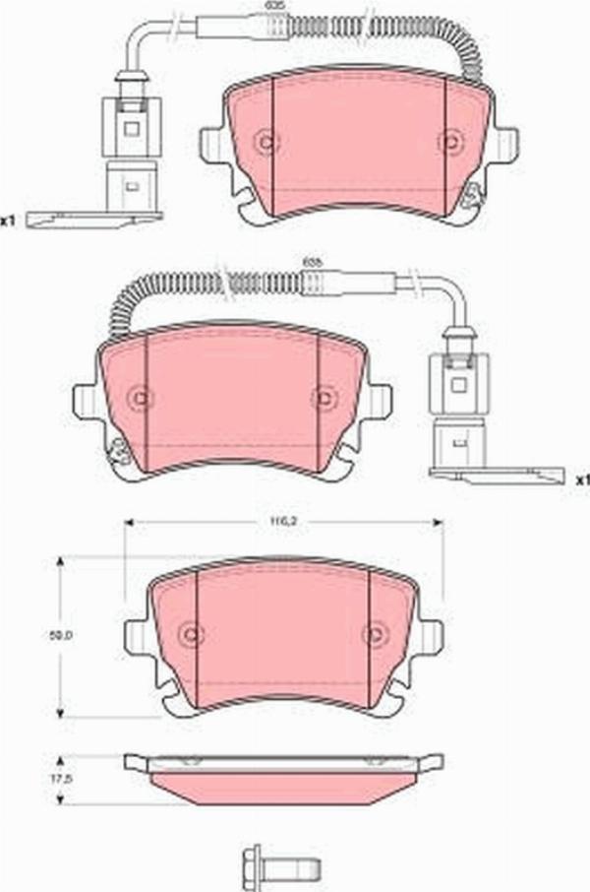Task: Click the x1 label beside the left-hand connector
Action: (8, 221)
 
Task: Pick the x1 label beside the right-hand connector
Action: (582, 479)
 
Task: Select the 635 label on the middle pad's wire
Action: (312, 261)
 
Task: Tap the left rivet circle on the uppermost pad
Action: (264, 142)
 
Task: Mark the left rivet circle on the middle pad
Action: (140, 398)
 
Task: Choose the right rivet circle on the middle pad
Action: (323, 398)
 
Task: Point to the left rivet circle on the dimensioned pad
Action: (190, 635)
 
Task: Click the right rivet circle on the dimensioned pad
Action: (373, 635)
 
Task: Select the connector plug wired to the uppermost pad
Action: (131, 148)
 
